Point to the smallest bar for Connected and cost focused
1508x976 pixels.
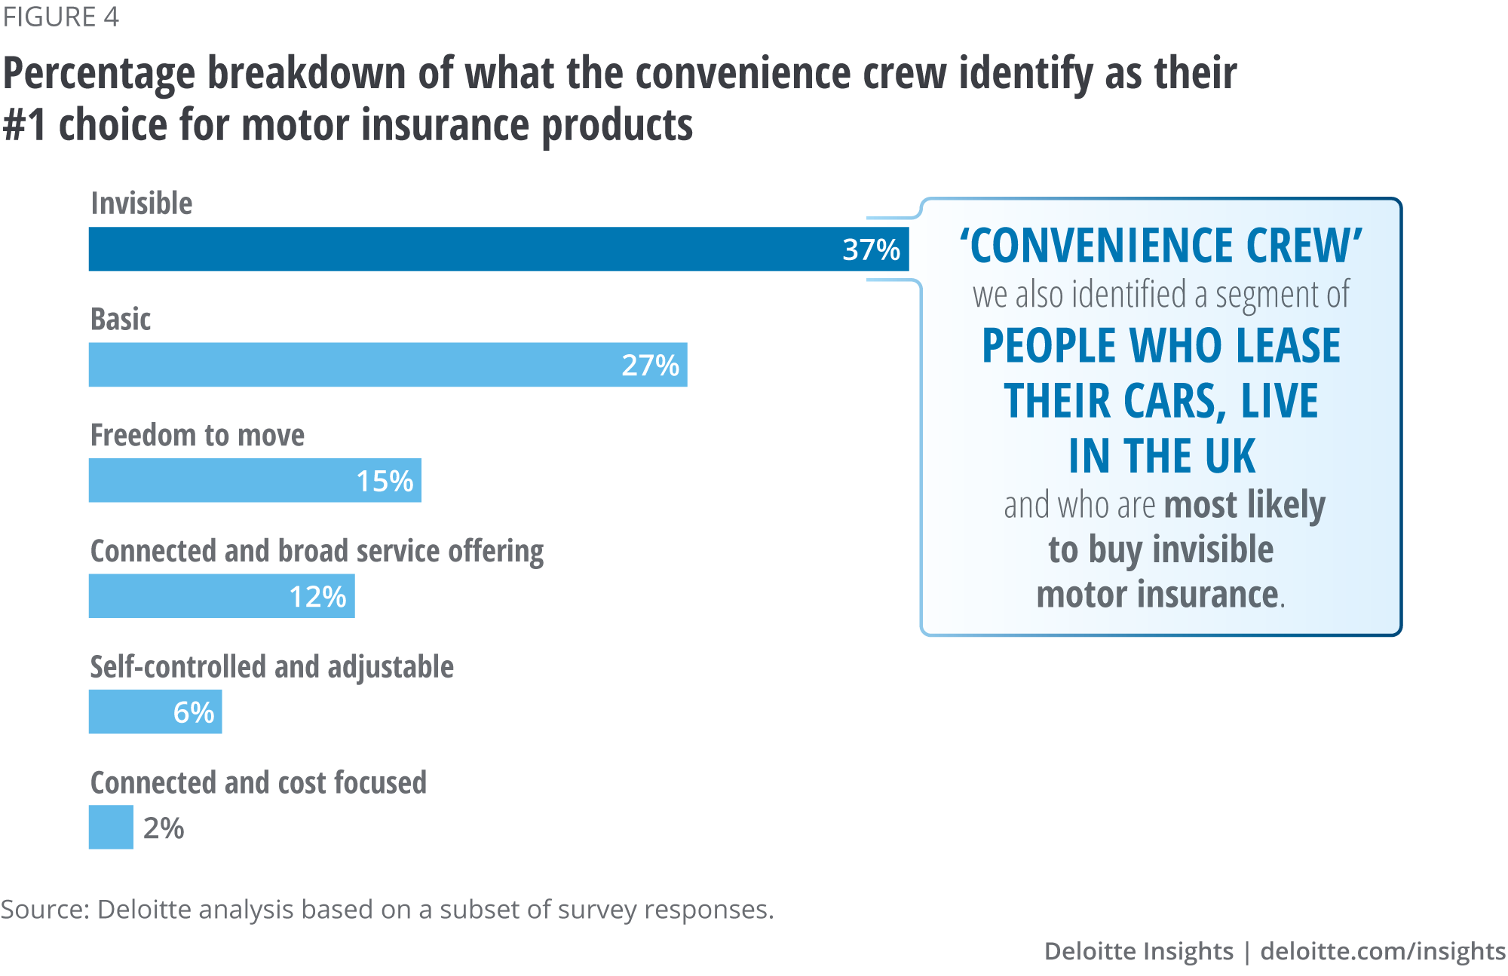tap(111, 828)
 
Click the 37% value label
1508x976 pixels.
tap(871, 249)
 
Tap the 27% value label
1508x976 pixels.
tap(650, 366)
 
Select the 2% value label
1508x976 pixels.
tap(164, 828)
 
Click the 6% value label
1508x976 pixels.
tap(194, 712)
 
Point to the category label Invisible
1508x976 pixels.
tap(142, 203)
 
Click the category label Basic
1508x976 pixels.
tap(121, 320)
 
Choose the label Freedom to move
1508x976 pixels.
tap(198, 436)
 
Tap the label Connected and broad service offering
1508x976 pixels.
tap(317, 552)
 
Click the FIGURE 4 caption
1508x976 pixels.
tap(60, 17)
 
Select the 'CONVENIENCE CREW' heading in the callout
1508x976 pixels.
tap(1160, 246)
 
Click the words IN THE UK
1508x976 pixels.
tap(1162, 456)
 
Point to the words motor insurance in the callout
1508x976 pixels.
tap(1157, 595)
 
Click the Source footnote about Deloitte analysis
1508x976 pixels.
tap(388, 910)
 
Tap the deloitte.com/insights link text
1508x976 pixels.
tap(1383, 951)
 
